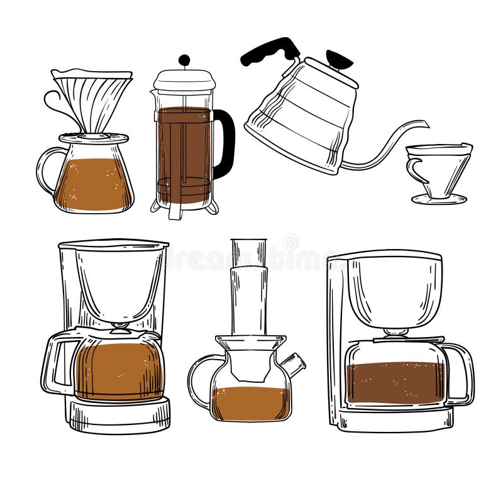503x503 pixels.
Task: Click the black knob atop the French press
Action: [184, 60]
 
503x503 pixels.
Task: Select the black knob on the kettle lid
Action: [339, 60]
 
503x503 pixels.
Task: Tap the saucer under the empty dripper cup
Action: [439, 199]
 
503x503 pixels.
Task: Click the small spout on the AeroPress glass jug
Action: [293, 363]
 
